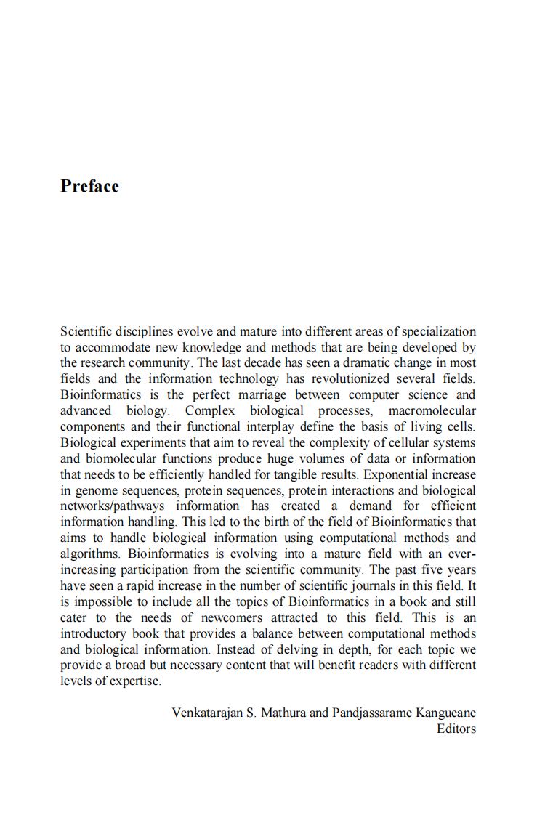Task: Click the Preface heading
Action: pyautogui.click(x=89, y=186)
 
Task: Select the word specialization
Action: pyautogui.click(x=439, y=331)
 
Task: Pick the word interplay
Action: pyautogui.click(x=267, y=426)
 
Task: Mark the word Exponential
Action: pyautogui.click(x=394, y=474)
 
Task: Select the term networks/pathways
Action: pyautogui.click(x=113, y=506)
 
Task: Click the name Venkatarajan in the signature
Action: pyautogui.click(x=208, y=713)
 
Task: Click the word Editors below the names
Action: pyautogui.click(x=456, y=729)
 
